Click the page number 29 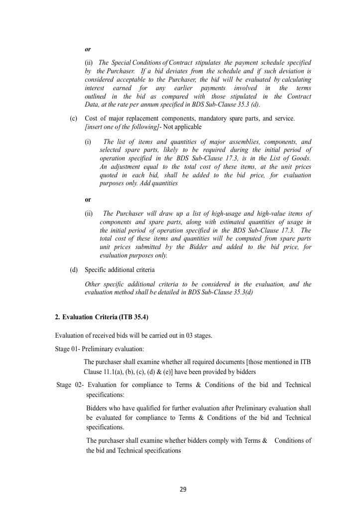(183, 490)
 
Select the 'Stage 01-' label (68, 349)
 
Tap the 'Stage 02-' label (69, 385)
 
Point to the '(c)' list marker (73, 119)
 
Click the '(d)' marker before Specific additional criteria (74, 269)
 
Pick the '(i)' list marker (88, 141)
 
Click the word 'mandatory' (203, 119)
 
